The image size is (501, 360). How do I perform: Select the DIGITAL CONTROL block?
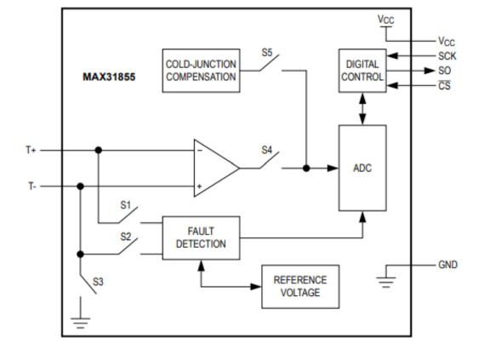[362, 71]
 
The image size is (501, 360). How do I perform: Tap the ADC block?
[362, 168]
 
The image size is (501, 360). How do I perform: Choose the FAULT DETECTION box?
[202, 237]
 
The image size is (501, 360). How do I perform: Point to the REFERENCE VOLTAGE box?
[299, 287]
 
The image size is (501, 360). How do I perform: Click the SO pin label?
[444, 70]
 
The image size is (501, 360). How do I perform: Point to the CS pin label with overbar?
[444, 85]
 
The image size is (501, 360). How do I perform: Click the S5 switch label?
[267, 53]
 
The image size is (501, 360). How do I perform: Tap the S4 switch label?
[267, 151]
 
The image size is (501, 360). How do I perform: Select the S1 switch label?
[126, 205]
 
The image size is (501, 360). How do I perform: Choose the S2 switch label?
[126, 237]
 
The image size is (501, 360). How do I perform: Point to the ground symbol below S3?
[80, 322]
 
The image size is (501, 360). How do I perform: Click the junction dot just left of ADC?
[306, 169]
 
